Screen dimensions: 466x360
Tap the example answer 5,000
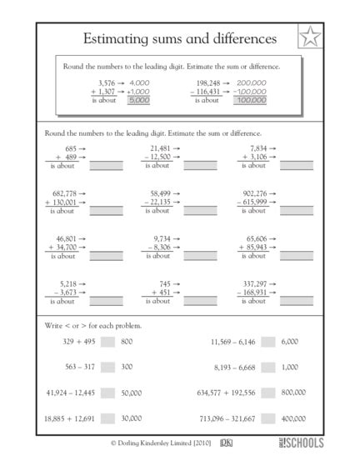(138, 99)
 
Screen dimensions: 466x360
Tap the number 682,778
(61, 193)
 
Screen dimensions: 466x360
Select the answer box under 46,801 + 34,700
(106, 256)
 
